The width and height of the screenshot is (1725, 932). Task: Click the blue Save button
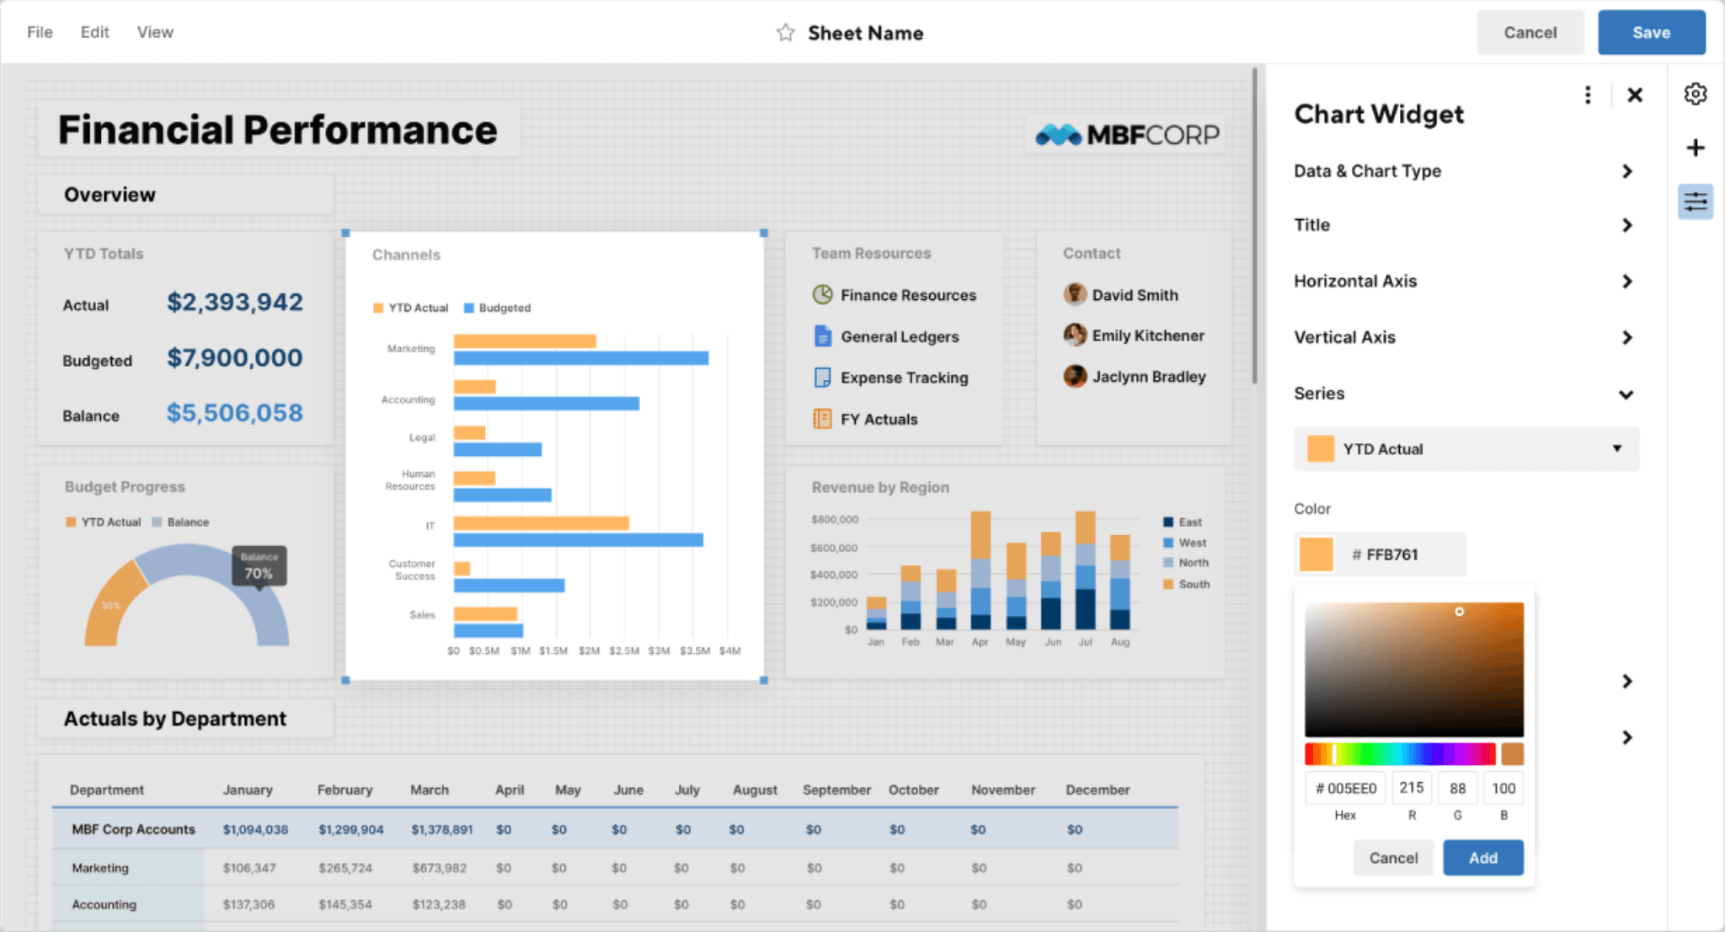(1651, 33)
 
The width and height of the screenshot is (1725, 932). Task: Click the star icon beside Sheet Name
(785, 33)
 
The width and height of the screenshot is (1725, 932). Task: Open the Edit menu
(94, 32)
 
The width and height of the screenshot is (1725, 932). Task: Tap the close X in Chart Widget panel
(1634, 95)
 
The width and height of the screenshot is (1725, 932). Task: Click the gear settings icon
(1695, 94)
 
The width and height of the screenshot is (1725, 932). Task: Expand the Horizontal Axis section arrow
(1626, 281)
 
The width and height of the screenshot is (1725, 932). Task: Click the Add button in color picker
(1482, 858)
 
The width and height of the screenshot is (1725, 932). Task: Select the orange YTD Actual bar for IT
(541, 523)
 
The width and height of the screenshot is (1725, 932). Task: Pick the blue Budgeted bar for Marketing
(581, 359)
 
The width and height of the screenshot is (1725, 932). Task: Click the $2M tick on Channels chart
(589, 651)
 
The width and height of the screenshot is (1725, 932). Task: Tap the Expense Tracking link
(904, 378)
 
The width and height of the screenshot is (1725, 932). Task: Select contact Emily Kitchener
(1147, 335)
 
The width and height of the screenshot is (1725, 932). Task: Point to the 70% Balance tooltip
(259, 566)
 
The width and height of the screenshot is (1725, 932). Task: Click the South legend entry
(1194, 584)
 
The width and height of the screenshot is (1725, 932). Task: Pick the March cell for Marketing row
(439, 868)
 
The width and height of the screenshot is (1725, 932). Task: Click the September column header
(836, 790)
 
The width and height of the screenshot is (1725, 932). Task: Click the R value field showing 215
(1412, 788)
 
